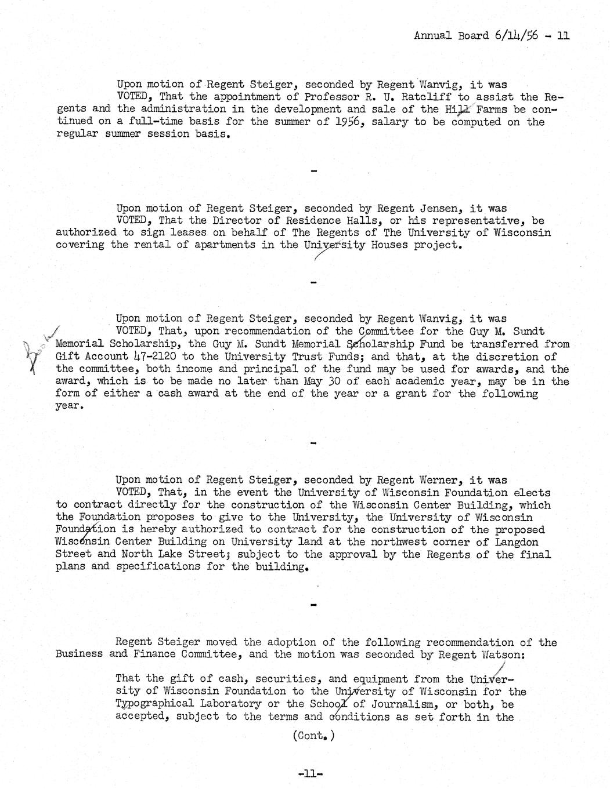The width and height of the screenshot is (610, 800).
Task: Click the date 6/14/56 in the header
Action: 517,35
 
